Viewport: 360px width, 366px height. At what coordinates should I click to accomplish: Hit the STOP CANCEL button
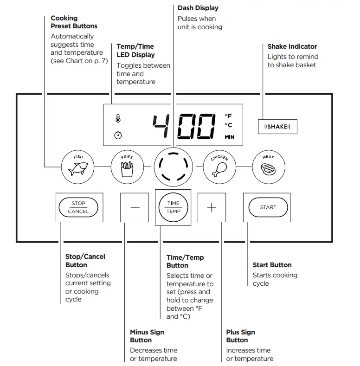[78, 207]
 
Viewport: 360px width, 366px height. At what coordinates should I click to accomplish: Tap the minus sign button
[135, 207]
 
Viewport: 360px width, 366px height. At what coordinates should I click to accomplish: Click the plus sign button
[212, 207]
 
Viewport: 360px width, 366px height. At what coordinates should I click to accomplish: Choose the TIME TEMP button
[173, 207]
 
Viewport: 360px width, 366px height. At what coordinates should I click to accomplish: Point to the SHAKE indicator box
[277, 127]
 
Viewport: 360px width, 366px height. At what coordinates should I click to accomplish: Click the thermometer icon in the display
[118, 118]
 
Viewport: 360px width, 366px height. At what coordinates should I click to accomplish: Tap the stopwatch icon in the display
[118, 135]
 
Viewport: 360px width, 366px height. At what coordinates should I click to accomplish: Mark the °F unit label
[228, 116]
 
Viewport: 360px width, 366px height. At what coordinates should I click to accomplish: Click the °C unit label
[228, 125]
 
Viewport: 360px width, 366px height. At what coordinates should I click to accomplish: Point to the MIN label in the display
[229, 137]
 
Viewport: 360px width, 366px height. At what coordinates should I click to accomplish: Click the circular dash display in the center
[173, 167]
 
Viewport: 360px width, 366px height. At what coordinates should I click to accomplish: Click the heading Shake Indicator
[292, 46]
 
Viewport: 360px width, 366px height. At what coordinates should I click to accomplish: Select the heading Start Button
[272, 265]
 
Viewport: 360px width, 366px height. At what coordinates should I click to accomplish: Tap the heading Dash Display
[198, 8]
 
